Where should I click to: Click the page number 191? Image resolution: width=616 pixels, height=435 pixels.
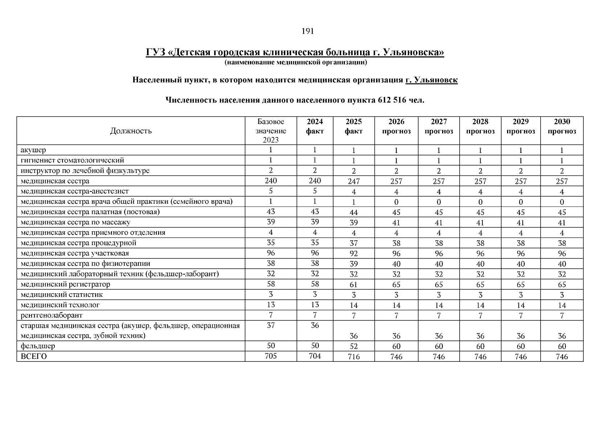pos(307,31)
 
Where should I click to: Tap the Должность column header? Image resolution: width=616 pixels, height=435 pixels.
pos(131,131)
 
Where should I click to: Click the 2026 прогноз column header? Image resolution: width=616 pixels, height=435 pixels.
pos(396,127)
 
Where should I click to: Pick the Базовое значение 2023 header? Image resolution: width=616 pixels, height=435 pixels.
pos(271,131)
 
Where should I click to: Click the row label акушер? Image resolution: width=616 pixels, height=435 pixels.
pos(33,150)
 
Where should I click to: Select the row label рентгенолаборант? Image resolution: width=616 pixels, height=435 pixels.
pos(52,315)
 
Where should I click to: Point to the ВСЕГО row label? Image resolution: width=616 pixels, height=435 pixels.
pos(34,356)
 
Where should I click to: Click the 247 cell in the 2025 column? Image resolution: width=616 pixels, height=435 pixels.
pos(354,181)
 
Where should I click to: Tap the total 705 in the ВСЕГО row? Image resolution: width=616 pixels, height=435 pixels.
pos(271,356)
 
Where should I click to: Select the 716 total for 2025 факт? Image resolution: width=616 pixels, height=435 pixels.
pos(354,357)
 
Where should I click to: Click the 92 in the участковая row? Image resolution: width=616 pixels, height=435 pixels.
pos(354,253)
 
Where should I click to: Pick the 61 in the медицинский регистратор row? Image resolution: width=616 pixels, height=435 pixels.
pos(354,285)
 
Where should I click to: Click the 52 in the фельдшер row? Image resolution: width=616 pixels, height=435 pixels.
pos(354,346)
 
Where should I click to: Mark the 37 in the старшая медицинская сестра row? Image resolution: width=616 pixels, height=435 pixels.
pos(271,326)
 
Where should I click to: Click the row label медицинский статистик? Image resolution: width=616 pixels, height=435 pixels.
pos(62,294)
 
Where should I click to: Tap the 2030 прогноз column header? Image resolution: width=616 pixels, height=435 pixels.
pos(562,127)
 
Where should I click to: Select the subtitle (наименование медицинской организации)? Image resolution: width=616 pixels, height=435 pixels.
pos(295,63)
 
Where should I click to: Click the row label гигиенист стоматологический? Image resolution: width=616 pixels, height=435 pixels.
pos(72,160)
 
